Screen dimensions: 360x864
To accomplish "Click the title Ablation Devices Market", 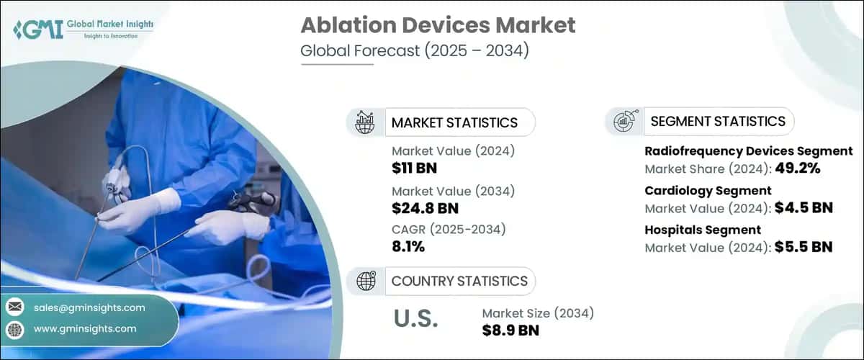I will tap(438, 25).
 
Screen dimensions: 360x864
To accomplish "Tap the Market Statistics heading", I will tap(454, 122).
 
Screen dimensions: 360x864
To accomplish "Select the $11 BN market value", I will tap(414, 168).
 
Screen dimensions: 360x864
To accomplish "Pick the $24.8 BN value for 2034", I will tap(425, 208).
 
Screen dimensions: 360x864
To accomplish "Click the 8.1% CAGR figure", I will tap(408, 247).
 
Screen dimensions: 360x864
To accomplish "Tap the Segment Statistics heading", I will tap(717, 122).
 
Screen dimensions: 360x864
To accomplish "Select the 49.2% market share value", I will tap(797, 169).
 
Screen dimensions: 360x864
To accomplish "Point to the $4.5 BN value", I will tap(804, 208).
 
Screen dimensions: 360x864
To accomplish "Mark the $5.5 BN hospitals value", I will tap(804, 247).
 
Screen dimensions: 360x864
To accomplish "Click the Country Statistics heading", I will tap(459, 281).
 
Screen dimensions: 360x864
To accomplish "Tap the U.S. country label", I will tap(416, 319).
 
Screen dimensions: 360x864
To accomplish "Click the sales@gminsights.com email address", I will tap(89, 307).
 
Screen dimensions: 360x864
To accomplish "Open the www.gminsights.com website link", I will tap(85, 328).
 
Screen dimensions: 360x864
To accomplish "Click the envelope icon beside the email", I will tap(14, 307).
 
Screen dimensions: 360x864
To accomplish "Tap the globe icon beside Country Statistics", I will tap(367, 281).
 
